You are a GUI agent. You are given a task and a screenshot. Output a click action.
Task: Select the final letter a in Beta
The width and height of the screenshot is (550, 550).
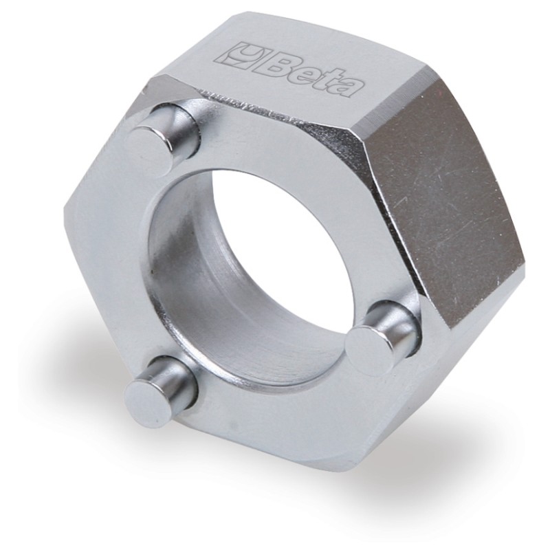pyautogui.click(x=348, y=85)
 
